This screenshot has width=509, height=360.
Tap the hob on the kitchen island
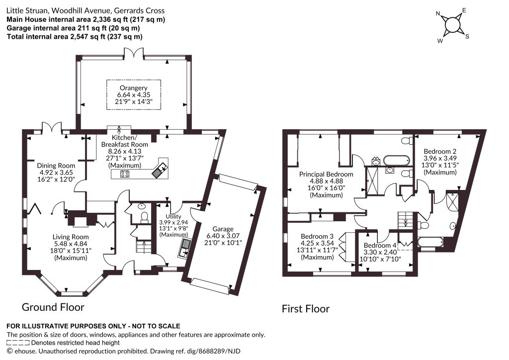coord(125,174)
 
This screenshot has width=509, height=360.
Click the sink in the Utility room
coord(185,248)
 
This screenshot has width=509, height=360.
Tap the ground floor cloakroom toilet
coord(145,216)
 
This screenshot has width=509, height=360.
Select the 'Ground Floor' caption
coord(53,307)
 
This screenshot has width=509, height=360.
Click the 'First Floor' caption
coord(306,309)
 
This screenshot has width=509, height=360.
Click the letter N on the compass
coord(438,13)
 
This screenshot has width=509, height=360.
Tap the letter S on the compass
coord(467,36)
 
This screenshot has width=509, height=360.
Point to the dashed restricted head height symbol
coord(18,343)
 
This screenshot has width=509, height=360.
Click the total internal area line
coord(75,37)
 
